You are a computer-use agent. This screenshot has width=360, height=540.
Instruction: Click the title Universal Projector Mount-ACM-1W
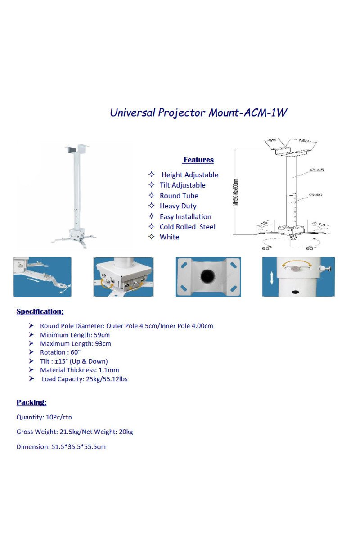[198, 112]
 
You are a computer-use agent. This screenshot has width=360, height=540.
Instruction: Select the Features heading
[198, 160]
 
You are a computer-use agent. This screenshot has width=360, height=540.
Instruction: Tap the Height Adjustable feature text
[189, 175]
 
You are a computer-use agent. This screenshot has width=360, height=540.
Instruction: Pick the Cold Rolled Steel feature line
[187, 227]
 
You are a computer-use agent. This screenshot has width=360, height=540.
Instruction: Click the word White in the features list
[169, 237]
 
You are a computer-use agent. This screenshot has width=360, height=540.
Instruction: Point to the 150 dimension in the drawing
[303, 141]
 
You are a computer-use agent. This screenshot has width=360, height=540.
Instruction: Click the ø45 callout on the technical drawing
[317, 170]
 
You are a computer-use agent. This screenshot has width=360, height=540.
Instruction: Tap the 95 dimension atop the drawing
[271, 141]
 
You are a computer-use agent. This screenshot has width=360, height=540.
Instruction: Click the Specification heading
[40, 311]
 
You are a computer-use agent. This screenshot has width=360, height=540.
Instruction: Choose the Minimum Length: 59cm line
[75, 335]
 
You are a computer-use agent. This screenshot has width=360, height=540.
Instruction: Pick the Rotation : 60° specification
[60, 352]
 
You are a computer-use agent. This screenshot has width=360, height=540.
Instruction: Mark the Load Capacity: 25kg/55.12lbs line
[85, 379]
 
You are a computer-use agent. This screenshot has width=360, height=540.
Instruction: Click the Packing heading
[31, 402]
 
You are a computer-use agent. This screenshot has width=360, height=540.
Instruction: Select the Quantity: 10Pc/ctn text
[44, 417]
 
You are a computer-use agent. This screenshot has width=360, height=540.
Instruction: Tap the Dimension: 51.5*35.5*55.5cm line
[61, 447]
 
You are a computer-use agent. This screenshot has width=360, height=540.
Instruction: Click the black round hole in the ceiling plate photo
[208, 276]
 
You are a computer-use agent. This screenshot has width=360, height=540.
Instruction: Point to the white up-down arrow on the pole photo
[272, 278]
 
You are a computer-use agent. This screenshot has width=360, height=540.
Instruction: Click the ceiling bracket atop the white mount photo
[76, 148]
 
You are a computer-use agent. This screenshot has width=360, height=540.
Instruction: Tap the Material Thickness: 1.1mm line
[79, 370]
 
